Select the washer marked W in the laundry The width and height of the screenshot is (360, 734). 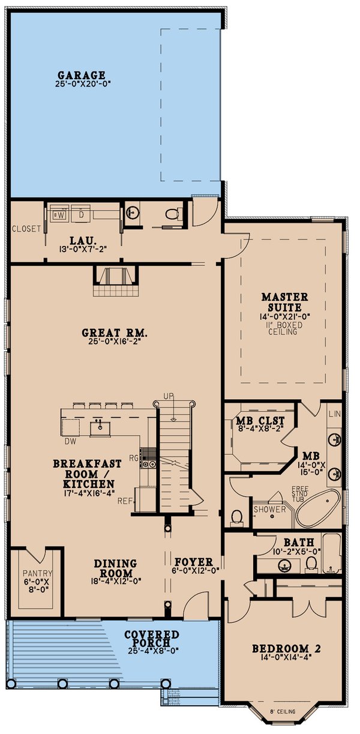point(60,213)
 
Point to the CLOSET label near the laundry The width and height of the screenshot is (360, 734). point(26,229)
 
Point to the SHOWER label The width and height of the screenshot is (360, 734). point(269,509)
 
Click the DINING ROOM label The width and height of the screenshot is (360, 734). point(115,564)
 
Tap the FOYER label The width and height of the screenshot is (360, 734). point(193,563)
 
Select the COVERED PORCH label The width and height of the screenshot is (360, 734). point(151,635)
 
